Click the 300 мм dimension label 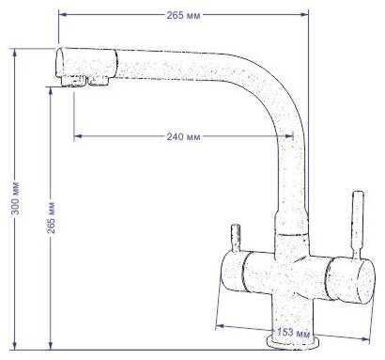[15, 197]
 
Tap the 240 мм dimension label [183, 137]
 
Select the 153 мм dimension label [293, 333]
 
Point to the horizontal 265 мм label [183, 15]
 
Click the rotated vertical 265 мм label [51, 217]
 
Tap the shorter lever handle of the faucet [236, 238]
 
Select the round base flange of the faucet [292, 342]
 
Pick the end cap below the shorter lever [232, 273]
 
